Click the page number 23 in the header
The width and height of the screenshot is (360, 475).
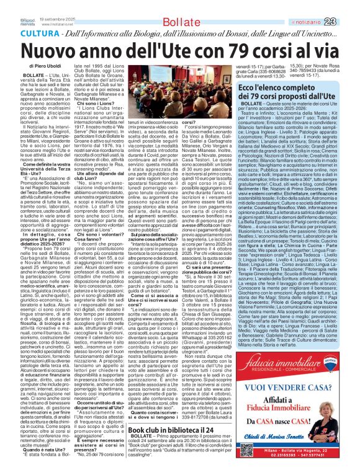[348, 6]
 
